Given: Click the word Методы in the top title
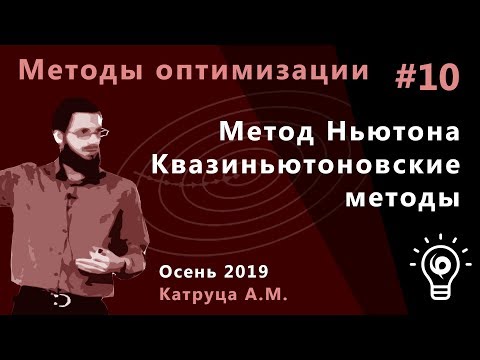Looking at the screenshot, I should pyautogui.click(x=71, y=72).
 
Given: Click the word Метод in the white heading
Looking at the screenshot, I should pyautogui.click(x=261, y=132).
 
